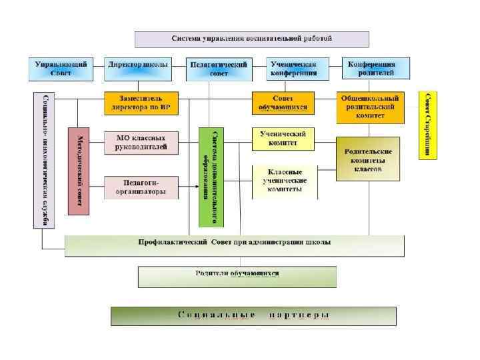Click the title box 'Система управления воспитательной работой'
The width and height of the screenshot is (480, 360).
click(252, 39)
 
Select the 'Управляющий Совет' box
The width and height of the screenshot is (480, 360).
click(61, 68)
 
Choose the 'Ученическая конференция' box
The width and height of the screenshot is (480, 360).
click(293, 68)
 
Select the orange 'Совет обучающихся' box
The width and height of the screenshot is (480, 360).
click(282, 103)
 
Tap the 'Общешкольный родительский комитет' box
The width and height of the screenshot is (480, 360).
click(370, 107)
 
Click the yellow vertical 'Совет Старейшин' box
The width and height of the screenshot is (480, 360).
click(428, 125)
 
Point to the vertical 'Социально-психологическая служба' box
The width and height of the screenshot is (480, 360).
click(43, 160)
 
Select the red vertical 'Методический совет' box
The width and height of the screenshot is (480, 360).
click(78, 171)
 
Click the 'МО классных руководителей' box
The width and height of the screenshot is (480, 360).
click(141, 143)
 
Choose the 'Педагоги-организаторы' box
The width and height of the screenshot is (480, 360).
click(141, 187)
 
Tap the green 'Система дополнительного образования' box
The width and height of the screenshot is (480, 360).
click(212, 177)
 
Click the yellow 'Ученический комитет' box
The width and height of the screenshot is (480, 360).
click(283, 139)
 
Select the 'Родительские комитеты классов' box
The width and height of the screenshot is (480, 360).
click(368, 159)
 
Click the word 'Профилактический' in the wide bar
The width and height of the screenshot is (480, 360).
click(171, 243)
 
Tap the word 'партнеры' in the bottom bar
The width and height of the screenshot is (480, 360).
click(299, 315)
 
